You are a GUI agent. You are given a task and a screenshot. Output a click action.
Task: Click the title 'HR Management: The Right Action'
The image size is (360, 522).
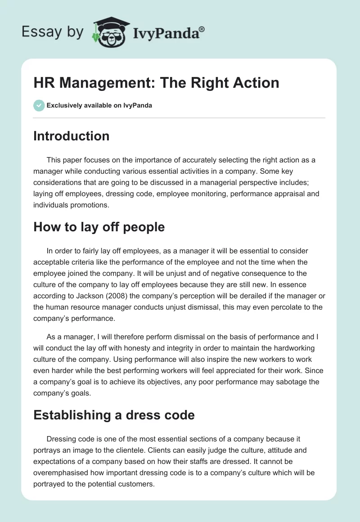coord(156,83)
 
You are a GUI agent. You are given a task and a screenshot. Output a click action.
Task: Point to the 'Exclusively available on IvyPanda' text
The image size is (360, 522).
coord(99,106)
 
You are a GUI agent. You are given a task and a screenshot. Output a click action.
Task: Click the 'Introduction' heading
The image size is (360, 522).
coord(71,136)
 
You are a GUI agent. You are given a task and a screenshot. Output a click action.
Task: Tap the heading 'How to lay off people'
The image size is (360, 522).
coord(99,227)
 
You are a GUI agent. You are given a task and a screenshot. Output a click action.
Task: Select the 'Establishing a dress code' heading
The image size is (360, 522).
coord(114,414)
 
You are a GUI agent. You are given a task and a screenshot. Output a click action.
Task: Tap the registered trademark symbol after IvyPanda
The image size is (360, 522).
coord(202,29)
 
